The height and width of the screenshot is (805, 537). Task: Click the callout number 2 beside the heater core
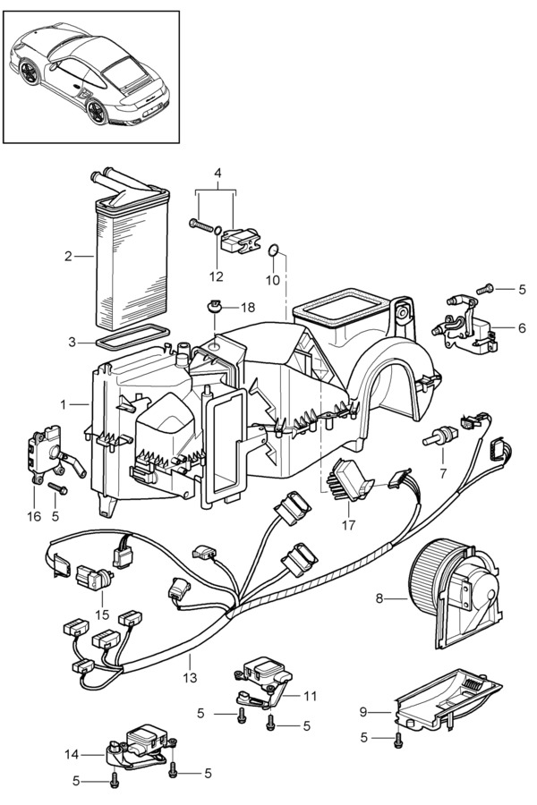(68, 256)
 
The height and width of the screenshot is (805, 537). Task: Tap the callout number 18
(248, 308)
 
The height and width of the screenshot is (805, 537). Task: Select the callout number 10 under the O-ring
(273, 280)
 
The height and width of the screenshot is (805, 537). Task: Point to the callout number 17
(348, 525)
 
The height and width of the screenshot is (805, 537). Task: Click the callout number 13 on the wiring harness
(190, 678)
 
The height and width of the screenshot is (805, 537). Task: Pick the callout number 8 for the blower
(379, 598)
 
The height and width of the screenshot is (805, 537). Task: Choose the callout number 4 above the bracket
(217, 173)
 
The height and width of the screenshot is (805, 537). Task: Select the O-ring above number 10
(273, 250)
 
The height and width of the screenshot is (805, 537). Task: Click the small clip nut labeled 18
(212, 308)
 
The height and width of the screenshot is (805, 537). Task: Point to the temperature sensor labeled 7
(439, 436)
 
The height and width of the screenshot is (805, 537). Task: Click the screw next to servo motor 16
(57, 487)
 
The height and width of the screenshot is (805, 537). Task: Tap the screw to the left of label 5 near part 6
(484, 289)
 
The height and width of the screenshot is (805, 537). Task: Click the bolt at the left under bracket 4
(202, 225)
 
